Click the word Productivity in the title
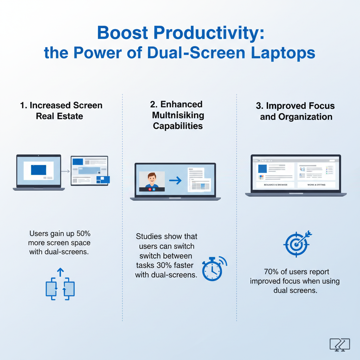click(205, 34)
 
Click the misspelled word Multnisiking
click(178, 115)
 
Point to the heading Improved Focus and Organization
click(296, 111)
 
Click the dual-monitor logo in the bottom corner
click(340, 345)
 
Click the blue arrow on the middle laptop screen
click(175, 181)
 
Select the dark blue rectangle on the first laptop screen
click(38, 170)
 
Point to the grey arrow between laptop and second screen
click(65, 172)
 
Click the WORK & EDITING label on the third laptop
click(316, 185)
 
